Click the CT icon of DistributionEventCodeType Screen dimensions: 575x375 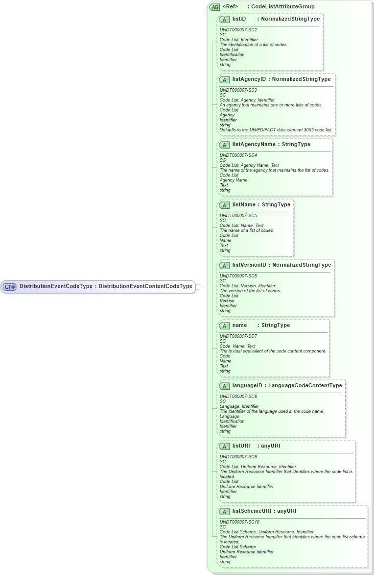[x=10, y=287]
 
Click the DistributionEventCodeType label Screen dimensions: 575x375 [x=56, y=286]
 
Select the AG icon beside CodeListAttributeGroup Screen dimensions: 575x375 [x=214, y=7]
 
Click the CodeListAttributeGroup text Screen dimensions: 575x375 [x=282, y=7]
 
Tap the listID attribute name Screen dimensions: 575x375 [x=239, y=19]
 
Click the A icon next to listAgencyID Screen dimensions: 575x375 [x=224, y=79]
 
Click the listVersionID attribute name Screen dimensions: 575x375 [x=249, y=265]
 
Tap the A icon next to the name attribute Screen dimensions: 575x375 [x=224, y=325]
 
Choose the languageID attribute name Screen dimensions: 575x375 [x=247, y=385]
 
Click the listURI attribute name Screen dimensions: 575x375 [x=241, y=446]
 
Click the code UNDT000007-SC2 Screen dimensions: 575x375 [x=238, y=30]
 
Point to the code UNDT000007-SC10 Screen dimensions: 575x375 [x=239, y=522]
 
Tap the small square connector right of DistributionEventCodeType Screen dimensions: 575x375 [x=198, y=287]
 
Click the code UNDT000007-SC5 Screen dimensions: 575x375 [x=238, y=215]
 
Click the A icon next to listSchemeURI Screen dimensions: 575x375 [x=224, y=511]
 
